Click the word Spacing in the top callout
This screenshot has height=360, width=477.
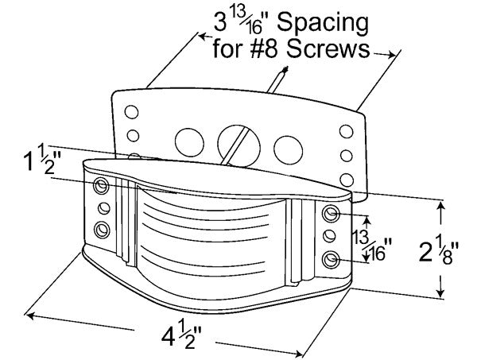(323, 23)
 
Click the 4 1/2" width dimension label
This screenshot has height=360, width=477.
(181, 334)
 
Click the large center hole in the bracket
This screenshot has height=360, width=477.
(238, 145)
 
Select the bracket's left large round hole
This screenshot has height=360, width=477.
(189, 142)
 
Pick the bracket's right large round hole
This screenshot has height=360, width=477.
(288, 150)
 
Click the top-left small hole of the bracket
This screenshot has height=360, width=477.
(131, 112)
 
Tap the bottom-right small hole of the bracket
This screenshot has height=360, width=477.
(347, 180)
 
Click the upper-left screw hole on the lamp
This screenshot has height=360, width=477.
(102, 185)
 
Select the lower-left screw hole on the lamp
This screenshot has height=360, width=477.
(102, 230)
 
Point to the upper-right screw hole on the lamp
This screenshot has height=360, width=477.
(331, 214)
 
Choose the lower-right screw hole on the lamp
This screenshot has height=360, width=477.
(331, 260)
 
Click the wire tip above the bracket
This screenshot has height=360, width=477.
(285, 68)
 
